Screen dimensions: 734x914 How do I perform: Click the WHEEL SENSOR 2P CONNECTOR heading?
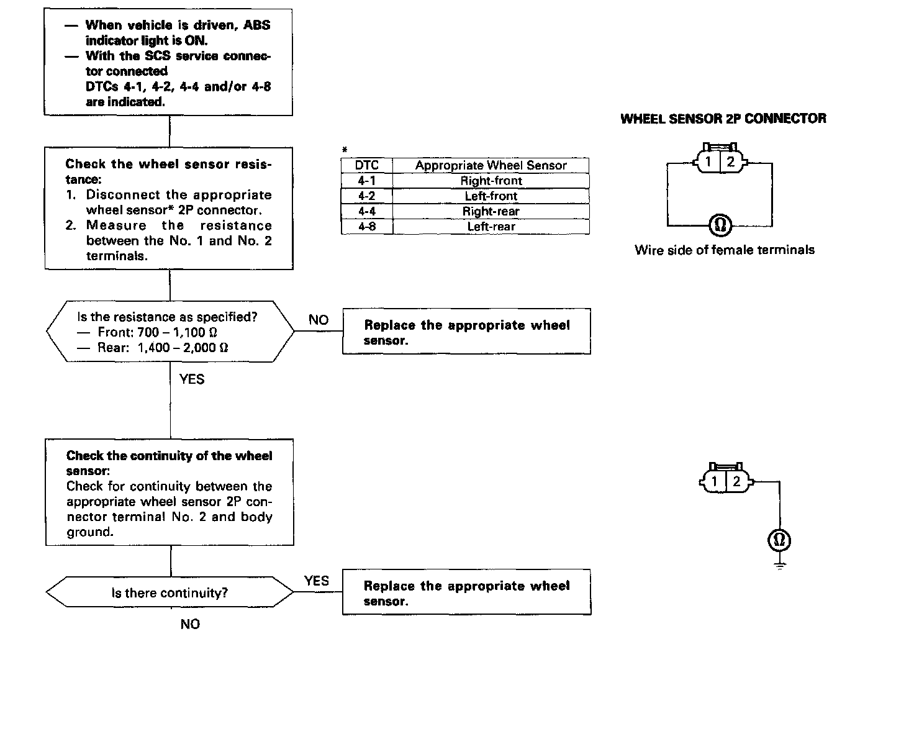tap(723, 119)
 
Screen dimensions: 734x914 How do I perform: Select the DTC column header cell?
tap(366, 165)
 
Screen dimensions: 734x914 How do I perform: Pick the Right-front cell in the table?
tap(491, 181)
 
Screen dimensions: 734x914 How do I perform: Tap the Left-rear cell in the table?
tap(491, 227)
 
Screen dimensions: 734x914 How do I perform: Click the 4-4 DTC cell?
tap(366, 211)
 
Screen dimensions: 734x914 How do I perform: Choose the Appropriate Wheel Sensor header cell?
tap(491, 165)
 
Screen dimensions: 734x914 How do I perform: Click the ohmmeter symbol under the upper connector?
tap(720, 225)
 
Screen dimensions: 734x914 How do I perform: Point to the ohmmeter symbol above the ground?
tap(779, 540)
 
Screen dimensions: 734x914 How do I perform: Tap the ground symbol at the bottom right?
tap(780, 564)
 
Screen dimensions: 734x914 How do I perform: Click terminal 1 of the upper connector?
tap(708, 163)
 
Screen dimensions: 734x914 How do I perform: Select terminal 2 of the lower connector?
tap(736, 481)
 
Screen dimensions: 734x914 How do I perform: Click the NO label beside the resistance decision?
tap(319, 320)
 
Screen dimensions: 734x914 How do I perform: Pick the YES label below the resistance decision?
tap(191, 379)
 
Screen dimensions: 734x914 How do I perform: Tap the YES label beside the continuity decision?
tap(317, 581)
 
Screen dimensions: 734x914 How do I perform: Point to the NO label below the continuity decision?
tap(190, 624)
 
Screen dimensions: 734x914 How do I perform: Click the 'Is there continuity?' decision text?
tap(170, 593)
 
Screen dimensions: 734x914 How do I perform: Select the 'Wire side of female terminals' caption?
tap(724, 250)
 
